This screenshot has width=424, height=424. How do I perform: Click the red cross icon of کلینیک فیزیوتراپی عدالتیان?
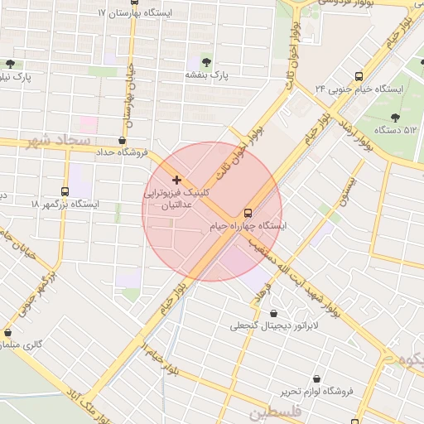click(x=176, y=180)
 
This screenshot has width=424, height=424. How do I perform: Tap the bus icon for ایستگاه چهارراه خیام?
click(x=248, y=213)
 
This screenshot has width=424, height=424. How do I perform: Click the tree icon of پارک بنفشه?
click(x=206, y=62)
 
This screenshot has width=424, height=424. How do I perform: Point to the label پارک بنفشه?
click(x=206, y=75)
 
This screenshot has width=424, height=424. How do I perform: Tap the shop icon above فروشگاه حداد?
click(x=123, y=140)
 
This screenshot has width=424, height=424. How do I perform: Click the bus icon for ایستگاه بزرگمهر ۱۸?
click(x=65, y=191)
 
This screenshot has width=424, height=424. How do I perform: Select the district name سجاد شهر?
click(x=57, y=141)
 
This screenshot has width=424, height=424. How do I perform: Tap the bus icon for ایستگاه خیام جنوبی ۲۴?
click(x=358, y=75)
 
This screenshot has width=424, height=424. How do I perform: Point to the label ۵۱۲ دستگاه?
click(x=397, y=130)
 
